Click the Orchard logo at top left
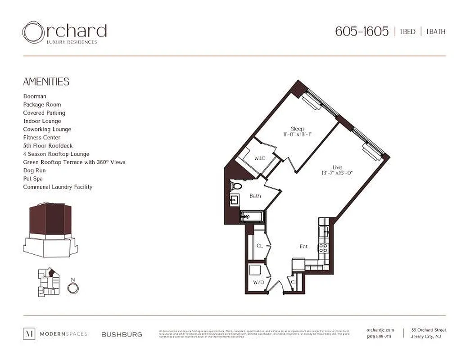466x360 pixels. pyautogui.click(x=64, y=32)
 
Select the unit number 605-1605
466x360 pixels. pyautogui.click(x=362, y=31)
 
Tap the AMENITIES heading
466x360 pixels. pyautogui.click(x=46, y=81)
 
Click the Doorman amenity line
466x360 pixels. pyautogui.click(x=35, y=96)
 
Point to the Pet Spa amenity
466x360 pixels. pyautogui.click(x=33, y=179)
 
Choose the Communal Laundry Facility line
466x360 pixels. pyautogui.click(x=58, y=187)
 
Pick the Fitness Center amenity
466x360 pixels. pyautogui.click(x=41, y=137)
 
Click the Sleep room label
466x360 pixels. pyautogui.click(x=297, y=129)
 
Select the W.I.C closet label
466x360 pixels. pyautogui.click(x=259, y=158)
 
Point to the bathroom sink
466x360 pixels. pyautogui.click(x=235, y=199)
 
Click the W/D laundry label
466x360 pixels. pyautogui.click(x=258, y=283)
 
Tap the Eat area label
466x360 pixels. pyautogui.click(x=303, y=246)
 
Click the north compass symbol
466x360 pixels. pyautogui.click(x=72, y=287)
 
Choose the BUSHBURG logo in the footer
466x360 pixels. pyautogui.click(x=122, y=334)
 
